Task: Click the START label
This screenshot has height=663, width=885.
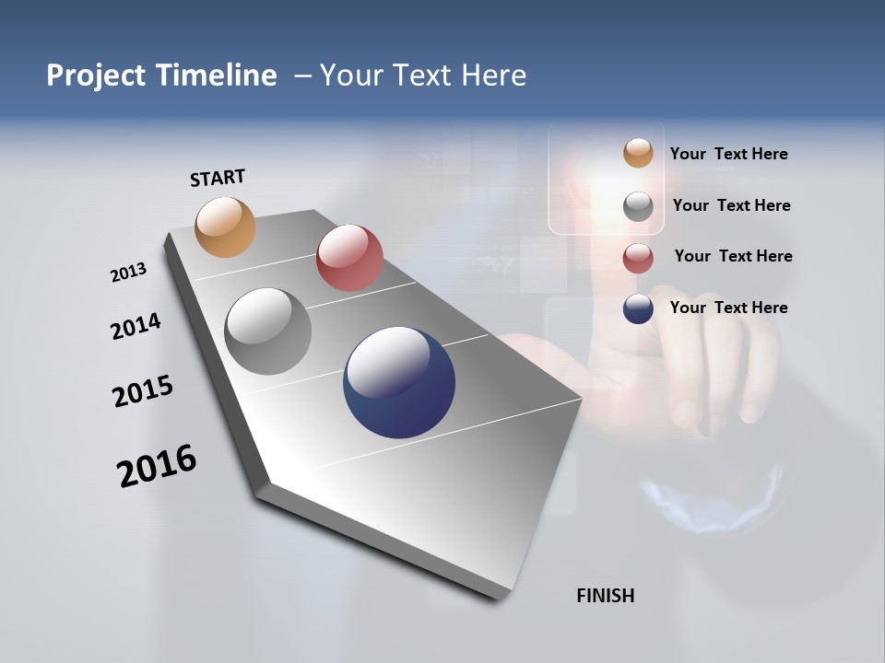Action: [218, 178]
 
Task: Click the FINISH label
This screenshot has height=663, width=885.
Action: [606, 596]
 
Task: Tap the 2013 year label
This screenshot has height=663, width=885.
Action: [128, 273]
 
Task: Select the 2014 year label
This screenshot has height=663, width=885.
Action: [136, 327]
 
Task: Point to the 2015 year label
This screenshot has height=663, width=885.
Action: [143, 391]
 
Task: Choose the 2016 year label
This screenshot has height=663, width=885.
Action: [157, 466]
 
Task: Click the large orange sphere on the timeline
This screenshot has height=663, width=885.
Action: [226, 227]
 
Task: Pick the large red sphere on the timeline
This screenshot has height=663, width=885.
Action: [349, 258]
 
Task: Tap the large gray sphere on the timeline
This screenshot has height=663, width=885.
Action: [268, 331]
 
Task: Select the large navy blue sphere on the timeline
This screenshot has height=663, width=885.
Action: [399, 382]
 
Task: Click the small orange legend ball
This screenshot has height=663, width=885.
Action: [638, 153]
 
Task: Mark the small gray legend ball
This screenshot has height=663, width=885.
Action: [638, 206]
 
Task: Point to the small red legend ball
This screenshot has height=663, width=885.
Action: [638, 258]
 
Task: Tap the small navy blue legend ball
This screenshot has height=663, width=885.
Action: [638, 308]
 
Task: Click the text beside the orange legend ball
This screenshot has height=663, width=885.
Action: [728, 154]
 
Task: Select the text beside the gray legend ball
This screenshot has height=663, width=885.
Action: [731, 205]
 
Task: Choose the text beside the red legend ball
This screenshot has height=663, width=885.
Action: [733, 256]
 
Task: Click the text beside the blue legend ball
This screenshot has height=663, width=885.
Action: [728, 308]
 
